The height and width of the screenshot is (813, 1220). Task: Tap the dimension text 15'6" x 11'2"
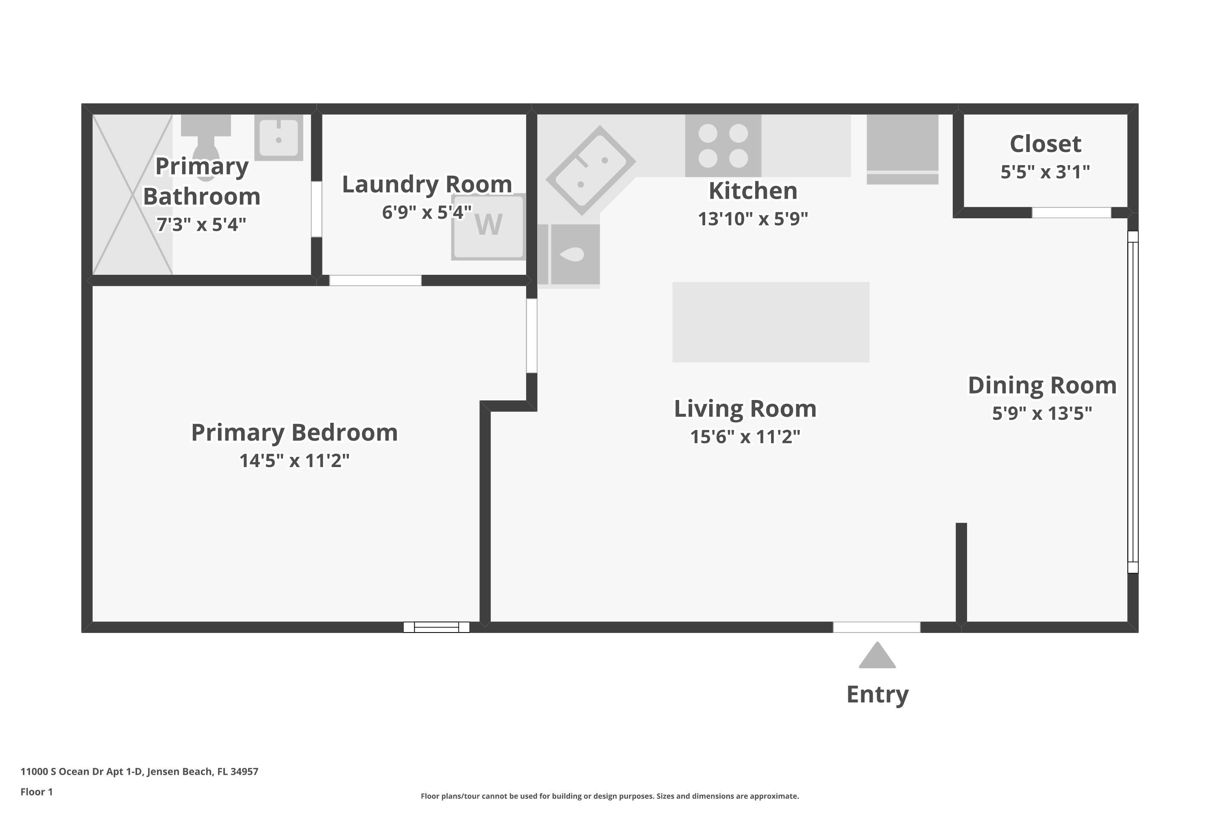(745, 437)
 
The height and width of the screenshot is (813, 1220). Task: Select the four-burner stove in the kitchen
(723, 146)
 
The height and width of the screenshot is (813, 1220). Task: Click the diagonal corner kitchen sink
(590, 170)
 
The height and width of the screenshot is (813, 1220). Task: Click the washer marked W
(488, 226)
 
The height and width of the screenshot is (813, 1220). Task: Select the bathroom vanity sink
(279, 137)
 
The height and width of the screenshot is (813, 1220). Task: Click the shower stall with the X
(132, 194)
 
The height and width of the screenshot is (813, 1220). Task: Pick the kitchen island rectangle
(770, 322)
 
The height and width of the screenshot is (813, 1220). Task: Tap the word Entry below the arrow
(877, 694)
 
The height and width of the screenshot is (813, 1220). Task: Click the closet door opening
(1071, 213)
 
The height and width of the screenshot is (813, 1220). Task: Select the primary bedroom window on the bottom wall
(436, 627)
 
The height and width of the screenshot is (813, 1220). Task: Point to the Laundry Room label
(426, 185)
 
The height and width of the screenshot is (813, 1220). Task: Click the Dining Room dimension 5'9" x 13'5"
(1041, 413)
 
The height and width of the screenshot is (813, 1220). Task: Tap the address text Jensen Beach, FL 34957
(202, 771)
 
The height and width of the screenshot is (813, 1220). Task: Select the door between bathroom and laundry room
(316, 209)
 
